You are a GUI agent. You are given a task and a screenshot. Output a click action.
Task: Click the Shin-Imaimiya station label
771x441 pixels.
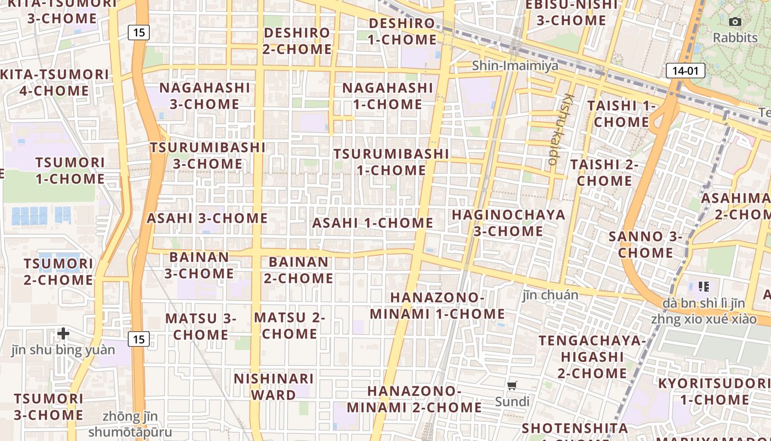[x=515, y=66]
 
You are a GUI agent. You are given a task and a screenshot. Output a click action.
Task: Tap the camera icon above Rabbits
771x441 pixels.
[x=735, y=22]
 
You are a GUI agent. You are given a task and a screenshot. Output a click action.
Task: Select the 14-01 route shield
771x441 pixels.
[x=685, y=71]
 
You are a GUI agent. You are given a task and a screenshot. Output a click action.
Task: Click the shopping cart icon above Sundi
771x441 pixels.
[x=512, y=385]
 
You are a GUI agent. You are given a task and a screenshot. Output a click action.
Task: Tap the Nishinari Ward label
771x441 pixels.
[x=274, y=387]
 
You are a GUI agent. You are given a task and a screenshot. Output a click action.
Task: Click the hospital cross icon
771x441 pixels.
[x=63, y=334]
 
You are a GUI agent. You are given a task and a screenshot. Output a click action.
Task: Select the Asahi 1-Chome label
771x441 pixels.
[x=372, y=223]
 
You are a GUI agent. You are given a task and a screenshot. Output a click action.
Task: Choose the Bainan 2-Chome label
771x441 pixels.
[x=298, y=270]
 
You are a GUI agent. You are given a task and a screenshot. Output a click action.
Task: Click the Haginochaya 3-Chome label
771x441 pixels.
[x=508, y=223]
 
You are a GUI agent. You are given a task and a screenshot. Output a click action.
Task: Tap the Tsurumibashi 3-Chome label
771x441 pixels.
[x=208, y=155]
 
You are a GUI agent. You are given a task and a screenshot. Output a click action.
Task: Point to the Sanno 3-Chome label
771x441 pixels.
[x=645, y=245]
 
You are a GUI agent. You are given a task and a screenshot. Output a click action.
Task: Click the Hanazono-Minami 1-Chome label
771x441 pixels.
[x=437, y=306]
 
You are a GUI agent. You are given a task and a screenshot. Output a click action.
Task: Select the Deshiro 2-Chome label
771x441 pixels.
[x=297, y=41]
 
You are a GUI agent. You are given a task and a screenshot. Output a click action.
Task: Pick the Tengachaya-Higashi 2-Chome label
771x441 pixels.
[x=592, y=357]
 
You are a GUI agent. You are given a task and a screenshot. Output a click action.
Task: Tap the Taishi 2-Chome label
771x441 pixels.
[x=604, y=173]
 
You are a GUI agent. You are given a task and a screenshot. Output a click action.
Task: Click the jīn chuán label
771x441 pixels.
[x=550, y=295]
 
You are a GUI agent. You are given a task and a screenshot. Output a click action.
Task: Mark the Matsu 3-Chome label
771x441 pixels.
[x=200, y=326]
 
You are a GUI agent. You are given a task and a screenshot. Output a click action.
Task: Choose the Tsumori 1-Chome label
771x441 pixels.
[x=70, y=170]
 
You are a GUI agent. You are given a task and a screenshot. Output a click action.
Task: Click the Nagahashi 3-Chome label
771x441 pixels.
[x=204, y=96]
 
